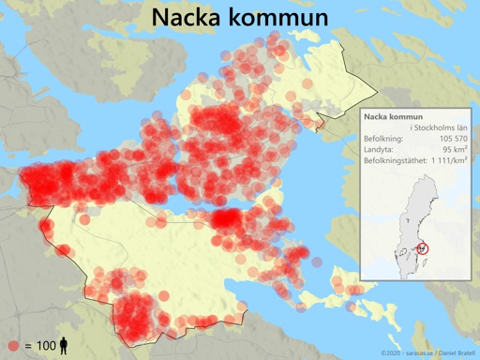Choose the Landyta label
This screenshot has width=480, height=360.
pos(379,149)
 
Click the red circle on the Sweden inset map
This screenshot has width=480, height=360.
pos(421,247)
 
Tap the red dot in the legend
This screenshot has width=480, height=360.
pos(14,346)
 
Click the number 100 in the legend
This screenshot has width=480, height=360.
pos(47,346)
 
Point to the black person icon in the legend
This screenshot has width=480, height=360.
pos(64,346)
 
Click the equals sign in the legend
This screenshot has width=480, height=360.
pos(28,346)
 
